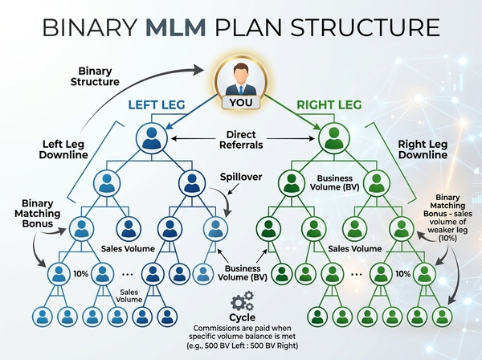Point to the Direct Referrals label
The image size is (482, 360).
tap(241, 141)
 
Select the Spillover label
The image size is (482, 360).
tap(239, 176)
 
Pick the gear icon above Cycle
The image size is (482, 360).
tap(240, 304)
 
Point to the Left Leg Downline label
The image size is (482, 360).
tap(63, 150)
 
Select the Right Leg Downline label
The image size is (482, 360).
tap(422, 149)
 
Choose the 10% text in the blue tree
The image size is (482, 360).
tap(81, 274)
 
